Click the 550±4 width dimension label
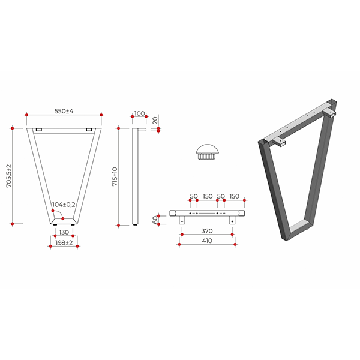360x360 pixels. (64, 111)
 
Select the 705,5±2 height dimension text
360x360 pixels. (9, 176)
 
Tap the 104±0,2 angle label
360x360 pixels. (64, 205)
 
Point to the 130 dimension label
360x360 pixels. (64, 232)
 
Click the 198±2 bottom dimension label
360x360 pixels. (64, 242)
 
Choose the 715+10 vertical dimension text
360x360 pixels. (115, 176)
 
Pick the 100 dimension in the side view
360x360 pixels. (139, 113)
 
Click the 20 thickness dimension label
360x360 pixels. (155, 121)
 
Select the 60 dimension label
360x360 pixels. (155, 220)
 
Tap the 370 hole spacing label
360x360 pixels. (207, 231)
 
